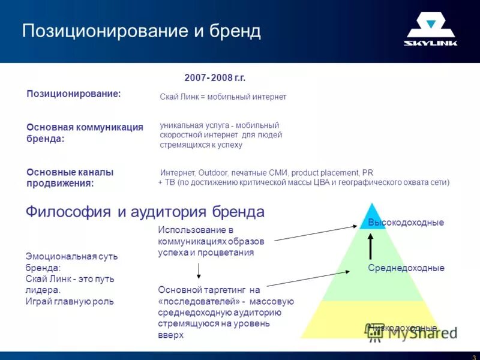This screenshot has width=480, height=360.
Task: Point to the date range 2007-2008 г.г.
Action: pos(215,78)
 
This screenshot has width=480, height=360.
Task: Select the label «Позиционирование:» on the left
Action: pos(74,94)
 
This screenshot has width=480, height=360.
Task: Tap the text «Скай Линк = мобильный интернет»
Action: pos(223,97)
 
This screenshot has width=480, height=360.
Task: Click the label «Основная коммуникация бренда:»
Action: pos(85,133)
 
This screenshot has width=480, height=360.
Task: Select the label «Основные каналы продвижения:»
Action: pos(70,178)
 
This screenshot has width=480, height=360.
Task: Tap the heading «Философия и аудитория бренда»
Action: pos(145,212)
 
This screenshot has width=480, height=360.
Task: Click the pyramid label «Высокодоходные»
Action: pos(406,223)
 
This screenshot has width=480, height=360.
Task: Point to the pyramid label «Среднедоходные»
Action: pos(406,268)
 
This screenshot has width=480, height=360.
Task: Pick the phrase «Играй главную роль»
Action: pos(70,301)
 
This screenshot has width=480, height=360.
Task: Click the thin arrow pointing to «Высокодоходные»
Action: pos(312,233)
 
